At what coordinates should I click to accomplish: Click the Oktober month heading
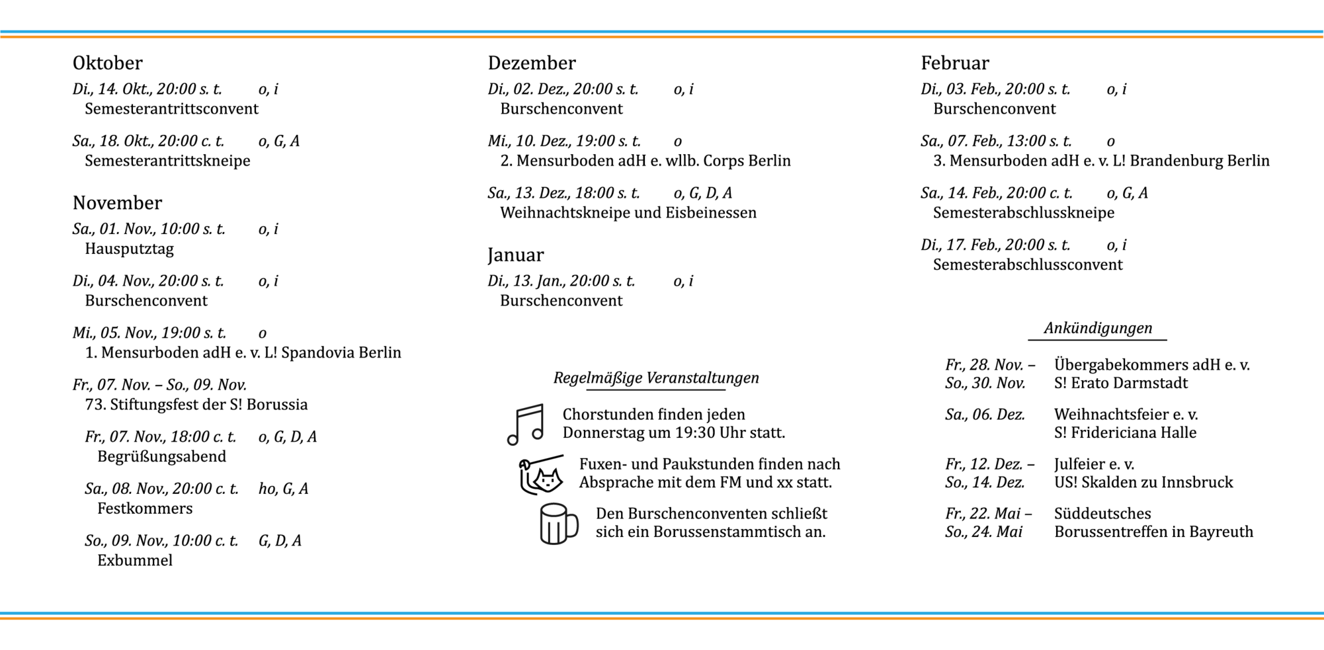(107, 63)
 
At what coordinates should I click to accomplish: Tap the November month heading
(117, 203)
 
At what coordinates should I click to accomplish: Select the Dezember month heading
(532, 63)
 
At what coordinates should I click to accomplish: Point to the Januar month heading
(516, 255)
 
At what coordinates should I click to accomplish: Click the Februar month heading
(954, 63)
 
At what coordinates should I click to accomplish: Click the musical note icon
(526, 425)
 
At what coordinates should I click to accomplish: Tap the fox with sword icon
(542, 474)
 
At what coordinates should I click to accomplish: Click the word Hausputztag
(129, 249)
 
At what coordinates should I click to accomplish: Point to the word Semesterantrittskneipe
(167, 161)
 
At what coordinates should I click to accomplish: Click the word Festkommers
(145, 508)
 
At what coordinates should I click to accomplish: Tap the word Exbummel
(135, 561)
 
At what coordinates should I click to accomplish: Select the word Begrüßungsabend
(161, 456)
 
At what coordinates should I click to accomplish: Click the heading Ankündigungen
(1098, 328)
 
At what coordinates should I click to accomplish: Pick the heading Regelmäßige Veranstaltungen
(656, 378)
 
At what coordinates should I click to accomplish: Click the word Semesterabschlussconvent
(1028, 264)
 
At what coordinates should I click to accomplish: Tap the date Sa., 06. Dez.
(985, 415)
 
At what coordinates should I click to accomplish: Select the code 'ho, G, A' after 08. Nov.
(283, 489)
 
